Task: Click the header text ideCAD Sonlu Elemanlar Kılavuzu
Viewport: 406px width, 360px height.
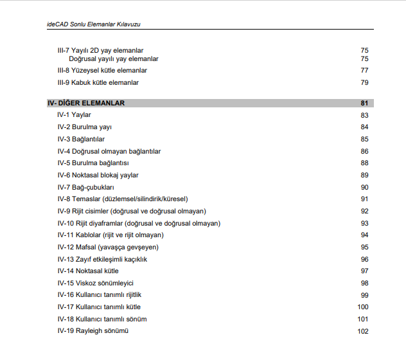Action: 94,24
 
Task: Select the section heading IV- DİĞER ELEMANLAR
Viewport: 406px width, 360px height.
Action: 86,103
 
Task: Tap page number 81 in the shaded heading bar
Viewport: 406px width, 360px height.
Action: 364,103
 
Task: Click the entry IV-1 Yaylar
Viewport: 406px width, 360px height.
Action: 74,115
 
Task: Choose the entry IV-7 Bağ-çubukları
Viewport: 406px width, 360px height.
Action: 85,187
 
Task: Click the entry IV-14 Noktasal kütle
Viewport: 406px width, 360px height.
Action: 88,271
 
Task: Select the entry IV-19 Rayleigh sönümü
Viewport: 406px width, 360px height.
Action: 93,331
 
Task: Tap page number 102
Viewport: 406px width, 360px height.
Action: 363,331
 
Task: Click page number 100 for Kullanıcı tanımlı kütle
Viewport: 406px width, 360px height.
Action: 363,307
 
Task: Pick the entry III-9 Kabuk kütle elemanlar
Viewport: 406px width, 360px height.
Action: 98,82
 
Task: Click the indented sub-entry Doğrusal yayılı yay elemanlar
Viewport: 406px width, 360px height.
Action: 114,59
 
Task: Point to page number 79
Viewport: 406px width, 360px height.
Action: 364,82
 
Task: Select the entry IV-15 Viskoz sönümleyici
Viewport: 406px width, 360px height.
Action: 95,283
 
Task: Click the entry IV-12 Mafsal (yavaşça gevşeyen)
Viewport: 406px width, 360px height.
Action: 107,248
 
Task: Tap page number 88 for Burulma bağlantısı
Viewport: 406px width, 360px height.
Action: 364,163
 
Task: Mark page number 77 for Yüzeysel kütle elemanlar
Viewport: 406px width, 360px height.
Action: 364,71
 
